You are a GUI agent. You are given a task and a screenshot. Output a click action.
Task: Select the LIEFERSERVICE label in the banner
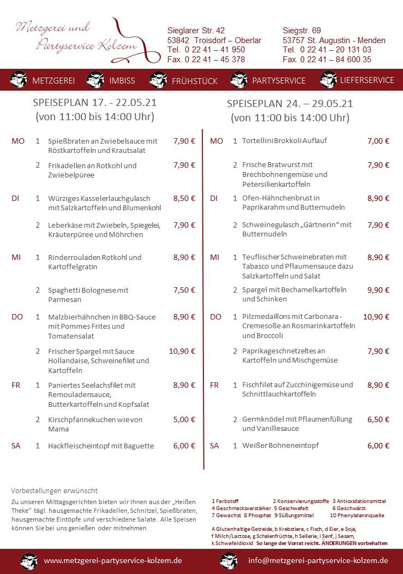point(366,80)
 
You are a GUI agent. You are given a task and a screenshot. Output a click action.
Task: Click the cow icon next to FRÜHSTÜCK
point(158,80)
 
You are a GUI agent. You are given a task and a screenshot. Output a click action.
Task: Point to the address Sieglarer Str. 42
point(196,31)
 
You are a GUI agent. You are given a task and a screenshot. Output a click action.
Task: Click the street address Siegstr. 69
point(302,31)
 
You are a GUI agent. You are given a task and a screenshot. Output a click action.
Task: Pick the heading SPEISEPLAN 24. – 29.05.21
point(290,103)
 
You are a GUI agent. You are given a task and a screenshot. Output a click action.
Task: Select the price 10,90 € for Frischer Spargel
point(182,351)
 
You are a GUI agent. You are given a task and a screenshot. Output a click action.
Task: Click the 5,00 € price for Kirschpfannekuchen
point(184,419)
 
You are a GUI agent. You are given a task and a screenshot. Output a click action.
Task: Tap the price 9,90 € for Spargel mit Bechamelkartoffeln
point(378,290)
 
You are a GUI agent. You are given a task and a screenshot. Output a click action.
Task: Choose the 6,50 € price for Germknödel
point(378,419)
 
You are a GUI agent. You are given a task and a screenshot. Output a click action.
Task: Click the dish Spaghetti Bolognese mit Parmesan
point(88,295)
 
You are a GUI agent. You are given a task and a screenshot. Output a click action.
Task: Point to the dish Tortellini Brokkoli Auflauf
point(284,140)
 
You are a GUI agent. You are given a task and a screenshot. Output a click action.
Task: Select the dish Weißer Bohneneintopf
point(280,446)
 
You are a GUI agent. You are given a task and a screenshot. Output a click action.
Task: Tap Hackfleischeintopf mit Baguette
point(101,446)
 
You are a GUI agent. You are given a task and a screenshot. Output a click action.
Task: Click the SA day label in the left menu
point(16,446)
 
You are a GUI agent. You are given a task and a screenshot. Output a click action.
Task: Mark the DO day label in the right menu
point(215,317)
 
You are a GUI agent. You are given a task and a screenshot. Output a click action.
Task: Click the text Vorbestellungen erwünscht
point(54,490)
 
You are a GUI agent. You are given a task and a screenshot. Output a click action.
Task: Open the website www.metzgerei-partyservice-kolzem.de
point(113,560)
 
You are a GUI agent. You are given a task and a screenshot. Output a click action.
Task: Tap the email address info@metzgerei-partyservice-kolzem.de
point(318,560)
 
